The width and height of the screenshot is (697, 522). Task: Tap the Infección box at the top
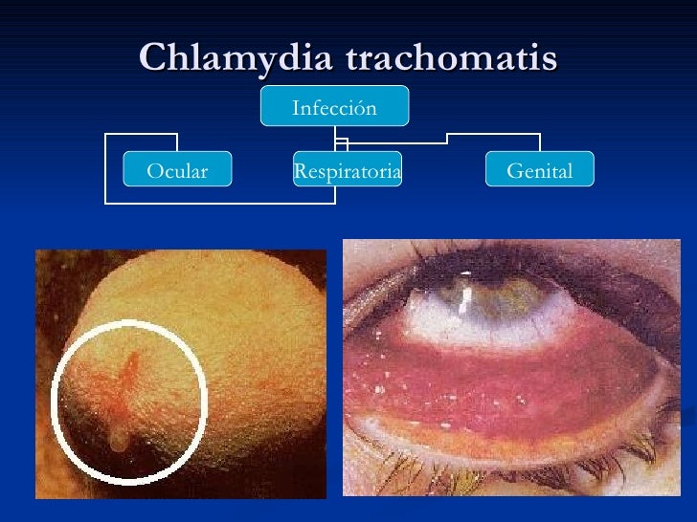coord(334,107)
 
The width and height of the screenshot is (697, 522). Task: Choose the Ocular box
coord(177,171)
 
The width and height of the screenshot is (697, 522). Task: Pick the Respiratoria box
coord(347,171)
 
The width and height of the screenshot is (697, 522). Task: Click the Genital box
coord(540,171)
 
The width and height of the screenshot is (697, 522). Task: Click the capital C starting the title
coord(153,58)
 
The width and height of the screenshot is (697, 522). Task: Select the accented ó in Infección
coord(356,108)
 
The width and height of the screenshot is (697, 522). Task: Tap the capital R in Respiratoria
coord(300,171)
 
